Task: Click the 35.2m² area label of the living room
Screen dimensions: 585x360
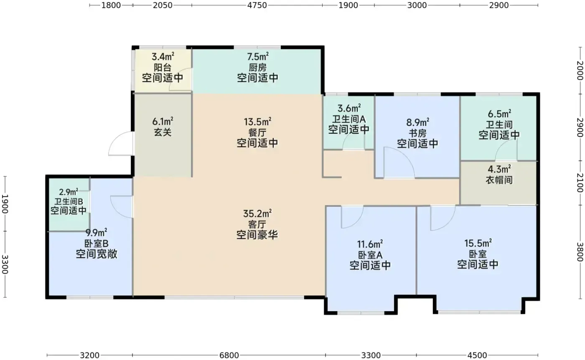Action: pos(257,213)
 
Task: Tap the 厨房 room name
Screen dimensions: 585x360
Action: pos(257,67)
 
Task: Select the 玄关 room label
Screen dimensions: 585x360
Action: pos(163,132)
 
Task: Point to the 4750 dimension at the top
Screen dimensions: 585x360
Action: pos(257,5)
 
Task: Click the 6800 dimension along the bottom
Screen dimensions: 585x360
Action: pos(229,355)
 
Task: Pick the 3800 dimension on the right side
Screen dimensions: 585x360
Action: pos(580,252)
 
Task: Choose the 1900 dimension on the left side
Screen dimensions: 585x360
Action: pos(5,204)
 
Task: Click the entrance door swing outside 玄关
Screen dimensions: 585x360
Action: pos(120,143)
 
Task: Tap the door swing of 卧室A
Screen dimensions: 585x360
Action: pos(352,217)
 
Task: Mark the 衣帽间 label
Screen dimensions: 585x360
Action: pos(499,180)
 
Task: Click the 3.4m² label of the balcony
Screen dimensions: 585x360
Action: pos(163,56)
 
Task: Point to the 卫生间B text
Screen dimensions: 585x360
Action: pos(69,202)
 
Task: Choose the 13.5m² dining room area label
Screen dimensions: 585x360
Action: pos(257,122)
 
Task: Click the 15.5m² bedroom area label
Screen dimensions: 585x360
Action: pos(478,243)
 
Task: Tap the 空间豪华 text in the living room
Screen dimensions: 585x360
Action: pos(257,235)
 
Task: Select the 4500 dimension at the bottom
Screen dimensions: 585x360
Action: pos(477,355)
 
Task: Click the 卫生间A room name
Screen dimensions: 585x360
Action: pos(348,119)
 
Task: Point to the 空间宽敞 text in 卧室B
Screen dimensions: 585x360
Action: pos(97,254)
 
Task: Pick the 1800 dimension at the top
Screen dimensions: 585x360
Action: pos(111,5)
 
